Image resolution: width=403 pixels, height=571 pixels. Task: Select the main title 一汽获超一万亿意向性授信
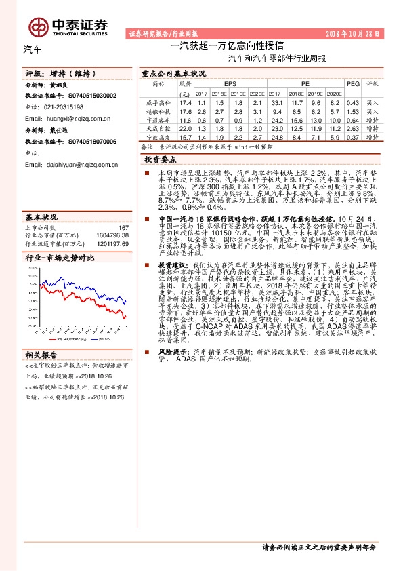click(x=226, y=46)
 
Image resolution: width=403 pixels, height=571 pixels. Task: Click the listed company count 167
click(x=123, y=228)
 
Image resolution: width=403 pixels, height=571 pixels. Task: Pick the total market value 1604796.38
click(x=111, y=235)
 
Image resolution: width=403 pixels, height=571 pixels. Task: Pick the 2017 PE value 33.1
click(x=276, y=101)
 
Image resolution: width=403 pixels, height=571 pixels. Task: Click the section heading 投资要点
click(x=161, y=159)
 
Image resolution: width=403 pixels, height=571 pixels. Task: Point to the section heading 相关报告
click(x=42, y=355)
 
